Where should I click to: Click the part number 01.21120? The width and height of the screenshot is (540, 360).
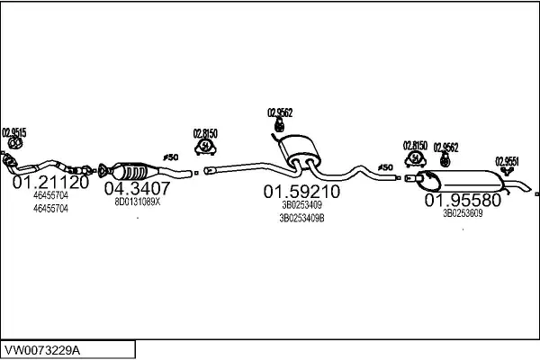pos(49,182)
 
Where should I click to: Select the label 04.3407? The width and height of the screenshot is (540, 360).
pos(137,188)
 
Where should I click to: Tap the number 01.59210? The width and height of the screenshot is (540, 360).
pos(301,192)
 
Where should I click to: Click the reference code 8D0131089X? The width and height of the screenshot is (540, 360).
pos(137,202)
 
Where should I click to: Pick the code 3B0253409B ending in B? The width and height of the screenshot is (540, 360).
pos(301,217)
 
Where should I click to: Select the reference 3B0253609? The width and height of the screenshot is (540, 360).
pos(462,213)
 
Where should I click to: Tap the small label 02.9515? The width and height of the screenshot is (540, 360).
pos(14,132)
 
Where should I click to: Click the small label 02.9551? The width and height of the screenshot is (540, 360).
pos(508,162)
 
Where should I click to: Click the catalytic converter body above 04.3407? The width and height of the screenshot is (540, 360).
pos(130,170)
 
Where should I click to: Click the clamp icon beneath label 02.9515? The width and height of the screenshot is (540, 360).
pos(14,143)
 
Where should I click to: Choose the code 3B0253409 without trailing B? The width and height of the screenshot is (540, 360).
pos(301,204)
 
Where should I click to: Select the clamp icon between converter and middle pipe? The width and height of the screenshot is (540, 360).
pos(206,146)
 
